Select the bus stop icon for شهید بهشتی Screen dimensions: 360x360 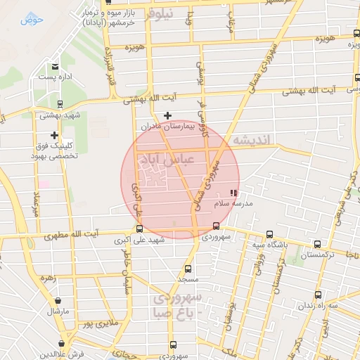(59, 103)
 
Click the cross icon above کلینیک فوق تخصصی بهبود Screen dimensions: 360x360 (54, 134)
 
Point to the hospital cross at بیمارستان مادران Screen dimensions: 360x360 (167, 115)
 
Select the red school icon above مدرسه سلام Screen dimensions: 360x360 (233, 192)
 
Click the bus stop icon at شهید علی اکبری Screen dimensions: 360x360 (139, 229)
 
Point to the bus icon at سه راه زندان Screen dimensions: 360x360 (318, 295)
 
